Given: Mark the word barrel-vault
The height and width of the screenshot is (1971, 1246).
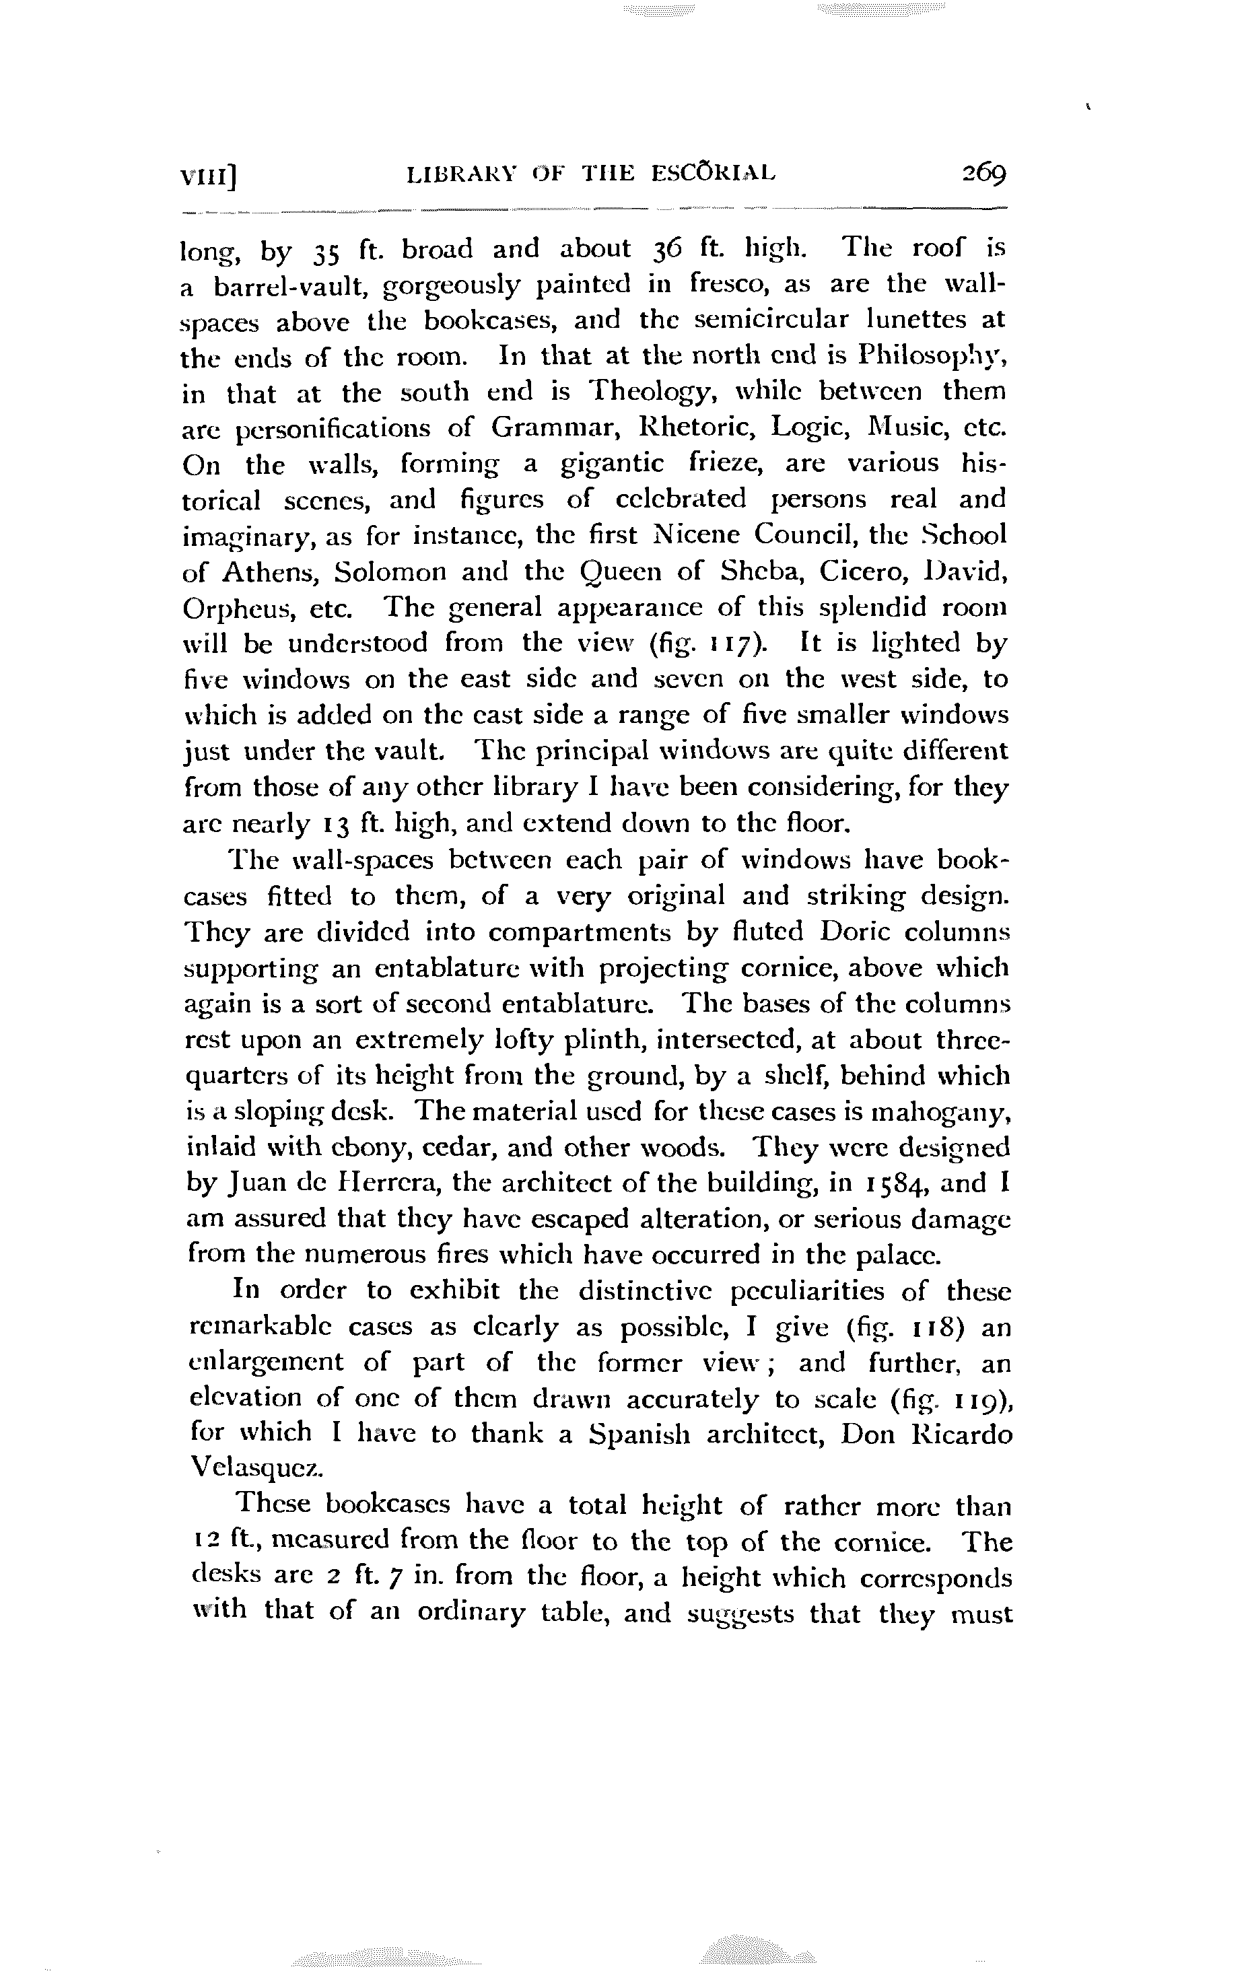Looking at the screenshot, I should [291, 285].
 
